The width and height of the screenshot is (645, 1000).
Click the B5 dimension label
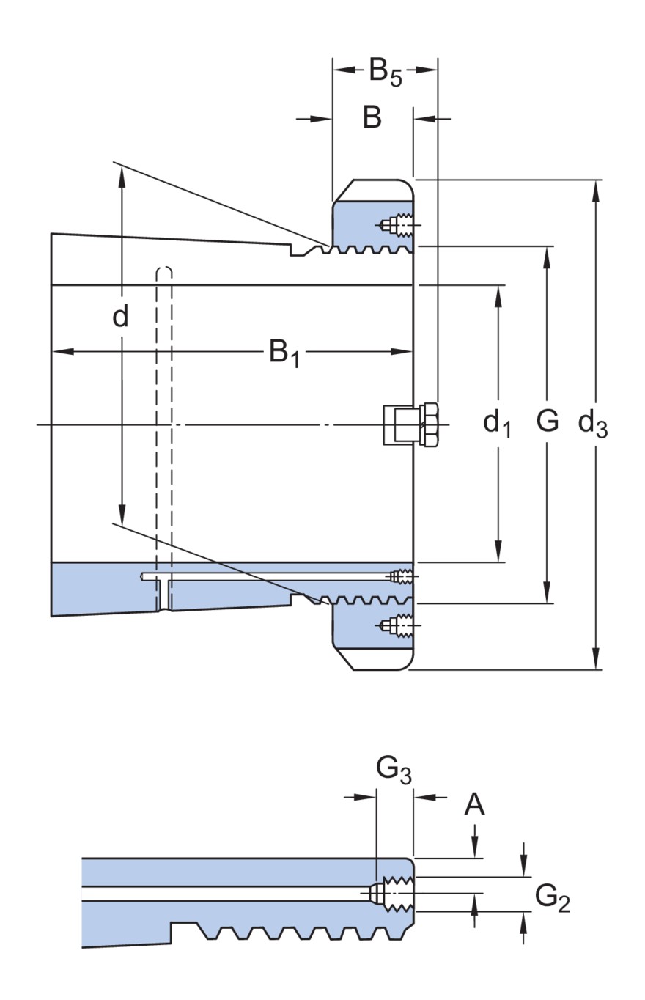pyautogui.click(x=385, y=72)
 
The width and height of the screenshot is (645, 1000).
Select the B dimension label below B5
pyautogui.click(x=372, y=117)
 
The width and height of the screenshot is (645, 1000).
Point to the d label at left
pyautogui.click(x=120, y=317)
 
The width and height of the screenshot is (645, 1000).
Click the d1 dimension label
pyautogui.click(x=497, y=423)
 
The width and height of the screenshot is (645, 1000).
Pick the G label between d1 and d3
pyautogui.click(x=547, y=422)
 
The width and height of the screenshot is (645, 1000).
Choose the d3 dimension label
pyautogui.click(x=593, y=423)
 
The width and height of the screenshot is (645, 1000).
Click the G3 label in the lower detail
pyautogui.click(x=394, y=770)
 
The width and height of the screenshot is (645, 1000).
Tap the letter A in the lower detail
pyautogui.click(x=475, y=805)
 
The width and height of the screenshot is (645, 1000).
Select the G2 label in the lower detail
pyautogui.click(x=552, y=899)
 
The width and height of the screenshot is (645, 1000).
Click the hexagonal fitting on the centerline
pyautogui.click(x=429, y=425)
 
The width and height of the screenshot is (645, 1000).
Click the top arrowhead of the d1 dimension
pyautogui.click(x=498, y=293)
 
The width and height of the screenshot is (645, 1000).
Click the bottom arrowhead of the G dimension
pyautogui.click(x=547, y=595)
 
